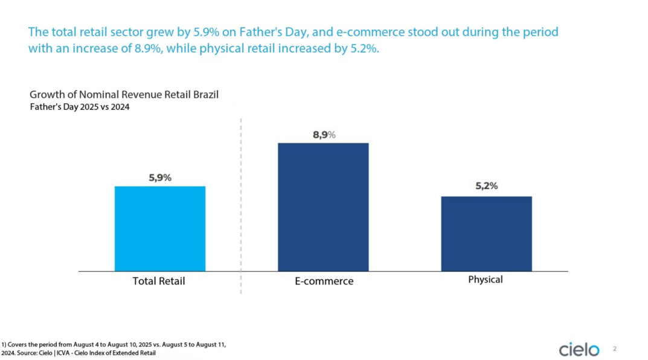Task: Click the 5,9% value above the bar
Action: pos(160,178)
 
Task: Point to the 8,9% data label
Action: pos(324,135)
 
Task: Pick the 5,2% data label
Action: pos(486,187)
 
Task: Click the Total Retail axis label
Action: pos(159,281)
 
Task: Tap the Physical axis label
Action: pos(486,280)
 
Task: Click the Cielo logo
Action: pos(579,349)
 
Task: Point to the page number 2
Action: pos(615,349)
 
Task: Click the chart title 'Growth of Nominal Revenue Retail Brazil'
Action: pos(124,94)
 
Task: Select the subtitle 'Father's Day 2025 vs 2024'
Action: pos(80,107)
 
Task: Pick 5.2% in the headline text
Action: pos(364,49)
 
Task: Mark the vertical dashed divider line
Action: pos(241,205)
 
